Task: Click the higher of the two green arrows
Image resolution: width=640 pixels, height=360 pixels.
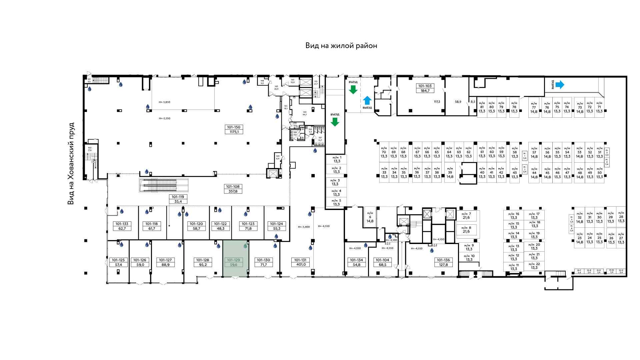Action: click(x=353, y=90)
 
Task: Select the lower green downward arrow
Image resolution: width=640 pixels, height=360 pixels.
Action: click(x=335, y=122)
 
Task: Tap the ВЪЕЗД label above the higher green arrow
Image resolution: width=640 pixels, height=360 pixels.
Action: click(x=353, y=82)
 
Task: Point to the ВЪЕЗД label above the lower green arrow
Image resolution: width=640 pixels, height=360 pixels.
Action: click(x=335, y=114)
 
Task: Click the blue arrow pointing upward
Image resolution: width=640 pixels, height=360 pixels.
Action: click(x=367, y=100)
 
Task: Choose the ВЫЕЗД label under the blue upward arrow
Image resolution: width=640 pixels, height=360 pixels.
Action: click(x=367, y=108)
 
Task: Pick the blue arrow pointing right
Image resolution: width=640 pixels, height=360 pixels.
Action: click(x=560, y=85)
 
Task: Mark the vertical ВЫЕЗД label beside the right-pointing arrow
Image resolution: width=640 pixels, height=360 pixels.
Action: click(x=552, y=84)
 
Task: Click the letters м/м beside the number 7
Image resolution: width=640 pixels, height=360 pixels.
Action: click(x=464, y=214)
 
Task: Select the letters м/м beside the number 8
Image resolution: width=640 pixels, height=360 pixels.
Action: click(x=464, y=228)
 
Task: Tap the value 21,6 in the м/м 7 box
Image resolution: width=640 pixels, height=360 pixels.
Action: click(x=466, y=218)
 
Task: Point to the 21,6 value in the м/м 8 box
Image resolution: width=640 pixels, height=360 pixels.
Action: click(x=466, y=232)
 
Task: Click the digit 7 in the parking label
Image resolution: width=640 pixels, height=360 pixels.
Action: click(x=470, y=214)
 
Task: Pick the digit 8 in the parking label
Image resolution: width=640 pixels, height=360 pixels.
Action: click(x=470, y=228)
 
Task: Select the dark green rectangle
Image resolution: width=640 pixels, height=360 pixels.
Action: click(x=235, y=258)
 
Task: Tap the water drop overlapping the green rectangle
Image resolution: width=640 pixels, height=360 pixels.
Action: click(x=245, y=246)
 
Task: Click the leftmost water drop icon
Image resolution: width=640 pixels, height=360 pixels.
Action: click(x=89, y=89)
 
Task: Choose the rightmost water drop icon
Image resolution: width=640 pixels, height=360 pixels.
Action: click(x=432, y=250)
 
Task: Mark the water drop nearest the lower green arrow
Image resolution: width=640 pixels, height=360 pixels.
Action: click(x=315, y=151)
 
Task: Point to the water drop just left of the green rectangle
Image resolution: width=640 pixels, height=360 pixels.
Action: click(x=218, y=246)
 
